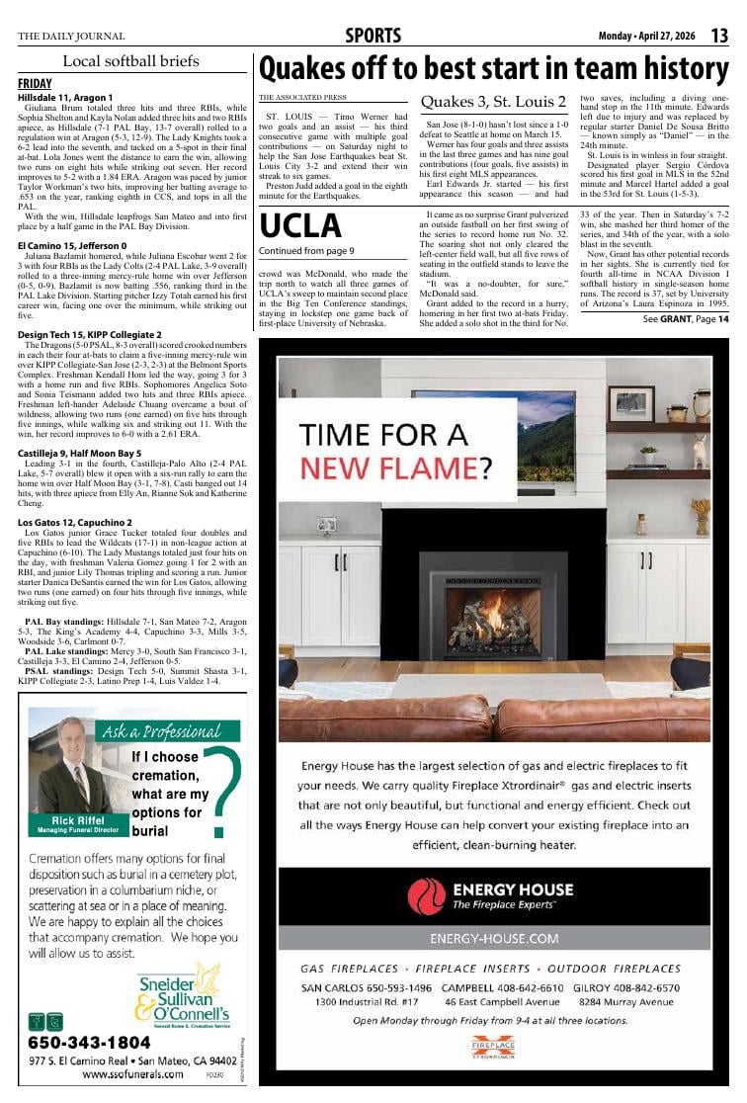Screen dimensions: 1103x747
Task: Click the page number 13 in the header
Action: coord(719,37)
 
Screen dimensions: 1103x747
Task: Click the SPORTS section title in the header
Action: coord(373,37)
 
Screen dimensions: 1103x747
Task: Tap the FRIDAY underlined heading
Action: coord(35,84)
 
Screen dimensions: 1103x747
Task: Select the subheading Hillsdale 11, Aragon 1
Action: coord(65,98)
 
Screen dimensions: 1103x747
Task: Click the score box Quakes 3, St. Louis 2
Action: coord(493,102)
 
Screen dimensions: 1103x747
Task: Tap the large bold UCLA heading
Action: coord(299,227)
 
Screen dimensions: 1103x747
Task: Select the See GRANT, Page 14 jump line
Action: coord(686,319)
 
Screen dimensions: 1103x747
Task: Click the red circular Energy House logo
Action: coord(427,895)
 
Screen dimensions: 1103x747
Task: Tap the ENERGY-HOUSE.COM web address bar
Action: coord(494,937)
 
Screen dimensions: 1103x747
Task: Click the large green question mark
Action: coord(218,791)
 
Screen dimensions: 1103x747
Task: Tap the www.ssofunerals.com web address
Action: coord(132,1073)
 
